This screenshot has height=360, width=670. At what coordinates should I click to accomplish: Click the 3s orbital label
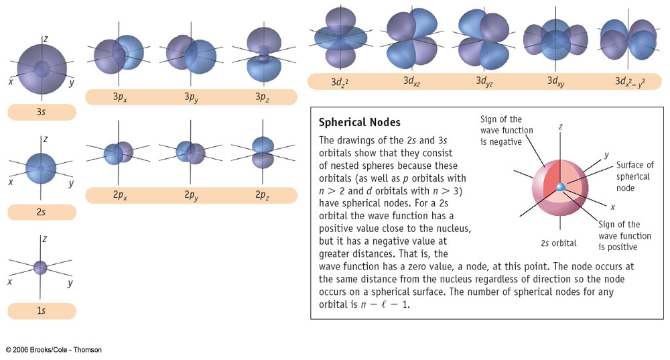[42, 112]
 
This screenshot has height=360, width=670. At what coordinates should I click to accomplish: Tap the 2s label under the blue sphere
[42, 212]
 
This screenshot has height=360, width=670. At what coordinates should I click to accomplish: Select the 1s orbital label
[42, 311]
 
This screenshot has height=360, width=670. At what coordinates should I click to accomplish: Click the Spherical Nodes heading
[359, 123]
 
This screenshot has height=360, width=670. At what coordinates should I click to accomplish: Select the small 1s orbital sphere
[41, 267]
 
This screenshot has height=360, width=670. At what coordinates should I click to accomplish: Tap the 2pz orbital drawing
[263, 152]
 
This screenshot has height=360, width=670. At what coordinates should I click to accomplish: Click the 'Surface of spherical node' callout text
[634, 176]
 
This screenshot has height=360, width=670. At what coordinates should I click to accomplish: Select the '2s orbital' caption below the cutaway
[559, 243]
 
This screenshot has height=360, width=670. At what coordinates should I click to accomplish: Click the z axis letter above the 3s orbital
[45, 38]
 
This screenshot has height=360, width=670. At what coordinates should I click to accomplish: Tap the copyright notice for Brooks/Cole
[54, 350]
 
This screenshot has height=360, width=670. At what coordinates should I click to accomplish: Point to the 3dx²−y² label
[630, 81]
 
